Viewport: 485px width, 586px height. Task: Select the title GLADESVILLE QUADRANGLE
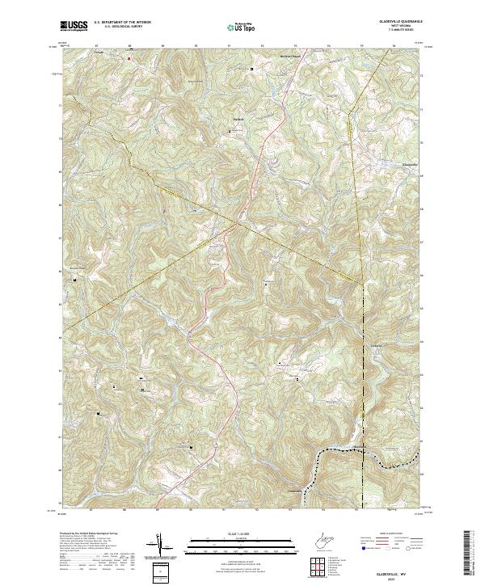(x=394, y=23)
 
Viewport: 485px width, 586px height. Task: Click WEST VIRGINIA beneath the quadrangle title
(x=394, y=27)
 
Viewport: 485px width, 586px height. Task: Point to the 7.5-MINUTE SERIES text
(x=394, y=32)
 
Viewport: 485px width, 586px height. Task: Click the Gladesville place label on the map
(x=411, y=164)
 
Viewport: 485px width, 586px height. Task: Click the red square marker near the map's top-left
(x=129, y=58)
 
